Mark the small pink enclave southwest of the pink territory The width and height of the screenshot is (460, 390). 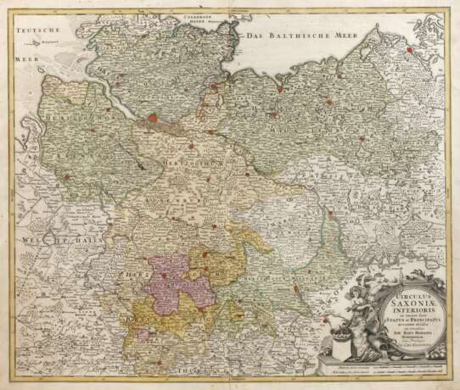click(x=144, y=335)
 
